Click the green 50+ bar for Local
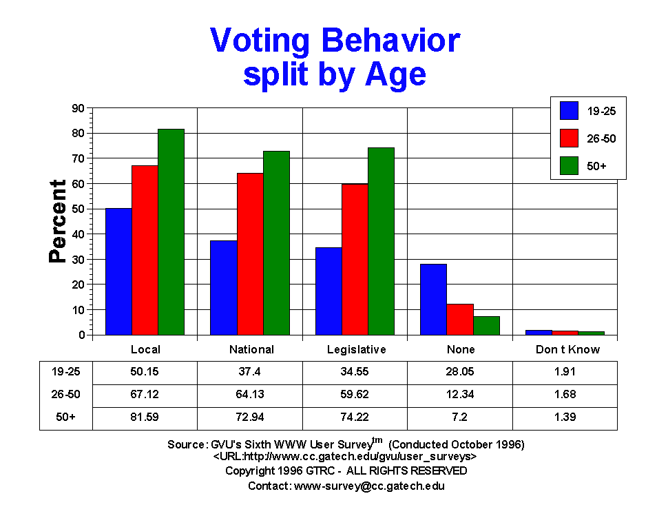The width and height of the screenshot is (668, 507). click(x=171, y=231)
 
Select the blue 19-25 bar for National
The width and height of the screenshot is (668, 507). click(x=224, y=287)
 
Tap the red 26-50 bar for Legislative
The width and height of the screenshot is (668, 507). click(x=355, y=259)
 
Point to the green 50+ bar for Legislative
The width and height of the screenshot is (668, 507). click(x=381, y=241)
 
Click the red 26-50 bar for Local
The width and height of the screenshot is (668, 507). click(x=145, y=250)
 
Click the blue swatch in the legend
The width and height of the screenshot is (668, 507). click(x=569, y=111)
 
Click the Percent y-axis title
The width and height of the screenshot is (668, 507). click(x=58, y=221)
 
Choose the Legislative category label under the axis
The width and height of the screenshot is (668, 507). click(x=355, y=349)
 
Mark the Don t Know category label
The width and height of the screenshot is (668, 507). click(x=567, y=349)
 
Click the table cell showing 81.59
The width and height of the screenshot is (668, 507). click(x=145, y=417)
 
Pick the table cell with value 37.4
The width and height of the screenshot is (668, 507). click(x=250, y=371)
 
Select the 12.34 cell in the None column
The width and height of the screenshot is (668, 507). click(x=460, y=395)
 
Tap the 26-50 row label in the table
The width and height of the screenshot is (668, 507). click(x=65, y=395)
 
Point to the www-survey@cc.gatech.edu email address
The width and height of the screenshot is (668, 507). click(x=369, y=486)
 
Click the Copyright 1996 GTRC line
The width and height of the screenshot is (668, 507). click(x=346, y=470)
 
